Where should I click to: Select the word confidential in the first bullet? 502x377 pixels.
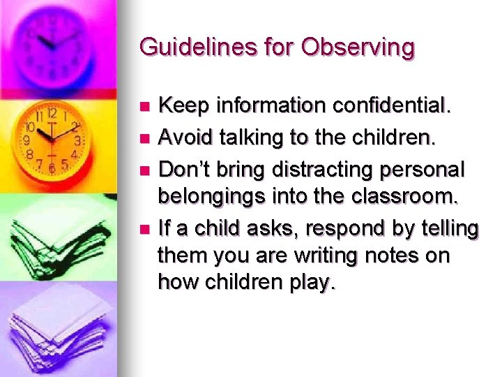384,107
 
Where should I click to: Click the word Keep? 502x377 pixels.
182,107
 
